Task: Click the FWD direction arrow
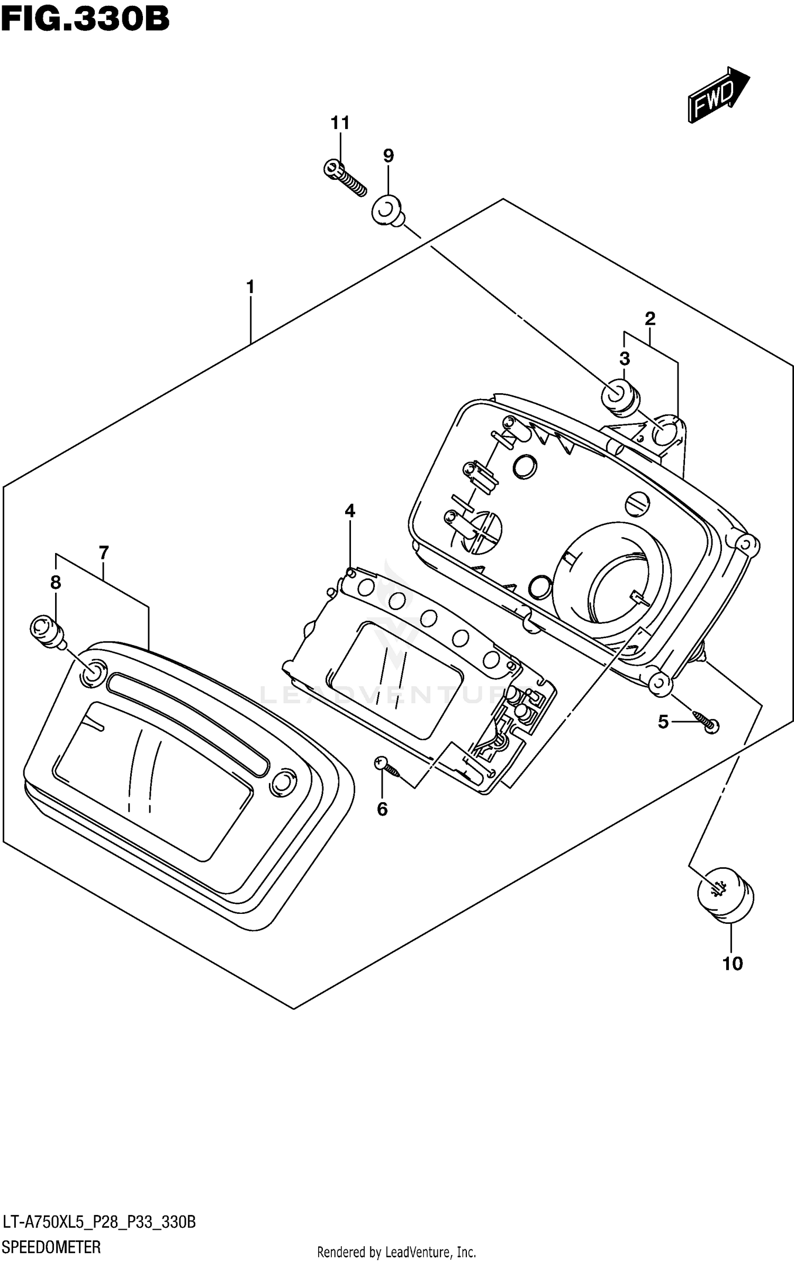718,95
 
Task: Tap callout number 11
340,123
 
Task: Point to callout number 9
388,156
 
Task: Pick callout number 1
250,287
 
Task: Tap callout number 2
650,319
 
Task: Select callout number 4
349,511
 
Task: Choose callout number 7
103,553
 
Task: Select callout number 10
732,964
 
